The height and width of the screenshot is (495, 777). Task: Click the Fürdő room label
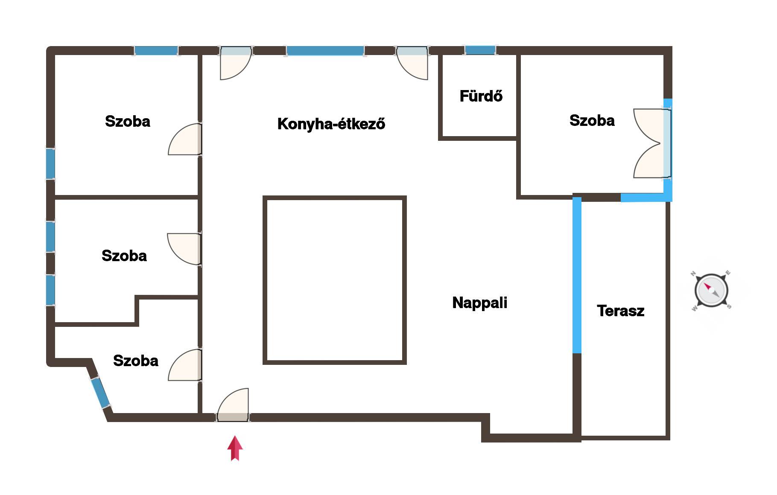pos(481,96)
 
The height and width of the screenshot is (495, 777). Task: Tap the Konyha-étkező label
pos(331,124)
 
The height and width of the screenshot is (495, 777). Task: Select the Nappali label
pos(480,303)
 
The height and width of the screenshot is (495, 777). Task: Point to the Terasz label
pos(620,311)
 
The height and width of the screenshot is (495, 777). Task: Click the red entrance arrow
pos(235,448)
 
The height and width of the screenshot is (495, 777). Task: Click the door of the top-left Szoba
pos(185,139)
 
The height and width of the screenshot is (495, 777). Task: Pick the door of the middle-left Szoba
pos(184,249)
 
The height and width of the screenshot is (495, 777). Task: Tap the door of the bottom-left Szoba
pos(185,365)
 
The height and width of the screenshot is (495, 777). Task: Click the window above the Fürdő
pos(480,50)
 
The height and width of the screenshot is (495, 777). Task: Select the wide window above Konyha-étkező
pos(325,51)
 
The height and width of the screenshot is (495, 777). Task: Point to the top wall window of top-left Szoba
pos(156,51)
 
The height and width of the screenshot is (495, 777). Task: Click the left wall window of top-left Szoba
pos(50,164)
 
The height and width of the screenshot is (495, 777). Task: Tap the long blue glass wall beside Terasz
pos(577,275)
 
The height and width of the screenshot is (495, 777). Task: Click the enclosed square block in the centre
pos(334,280)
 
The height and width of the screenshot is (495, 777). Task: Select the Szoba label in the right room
pos(592,120)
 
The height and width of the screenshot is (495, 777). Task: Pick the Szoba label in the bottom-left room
pos(136,361)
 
